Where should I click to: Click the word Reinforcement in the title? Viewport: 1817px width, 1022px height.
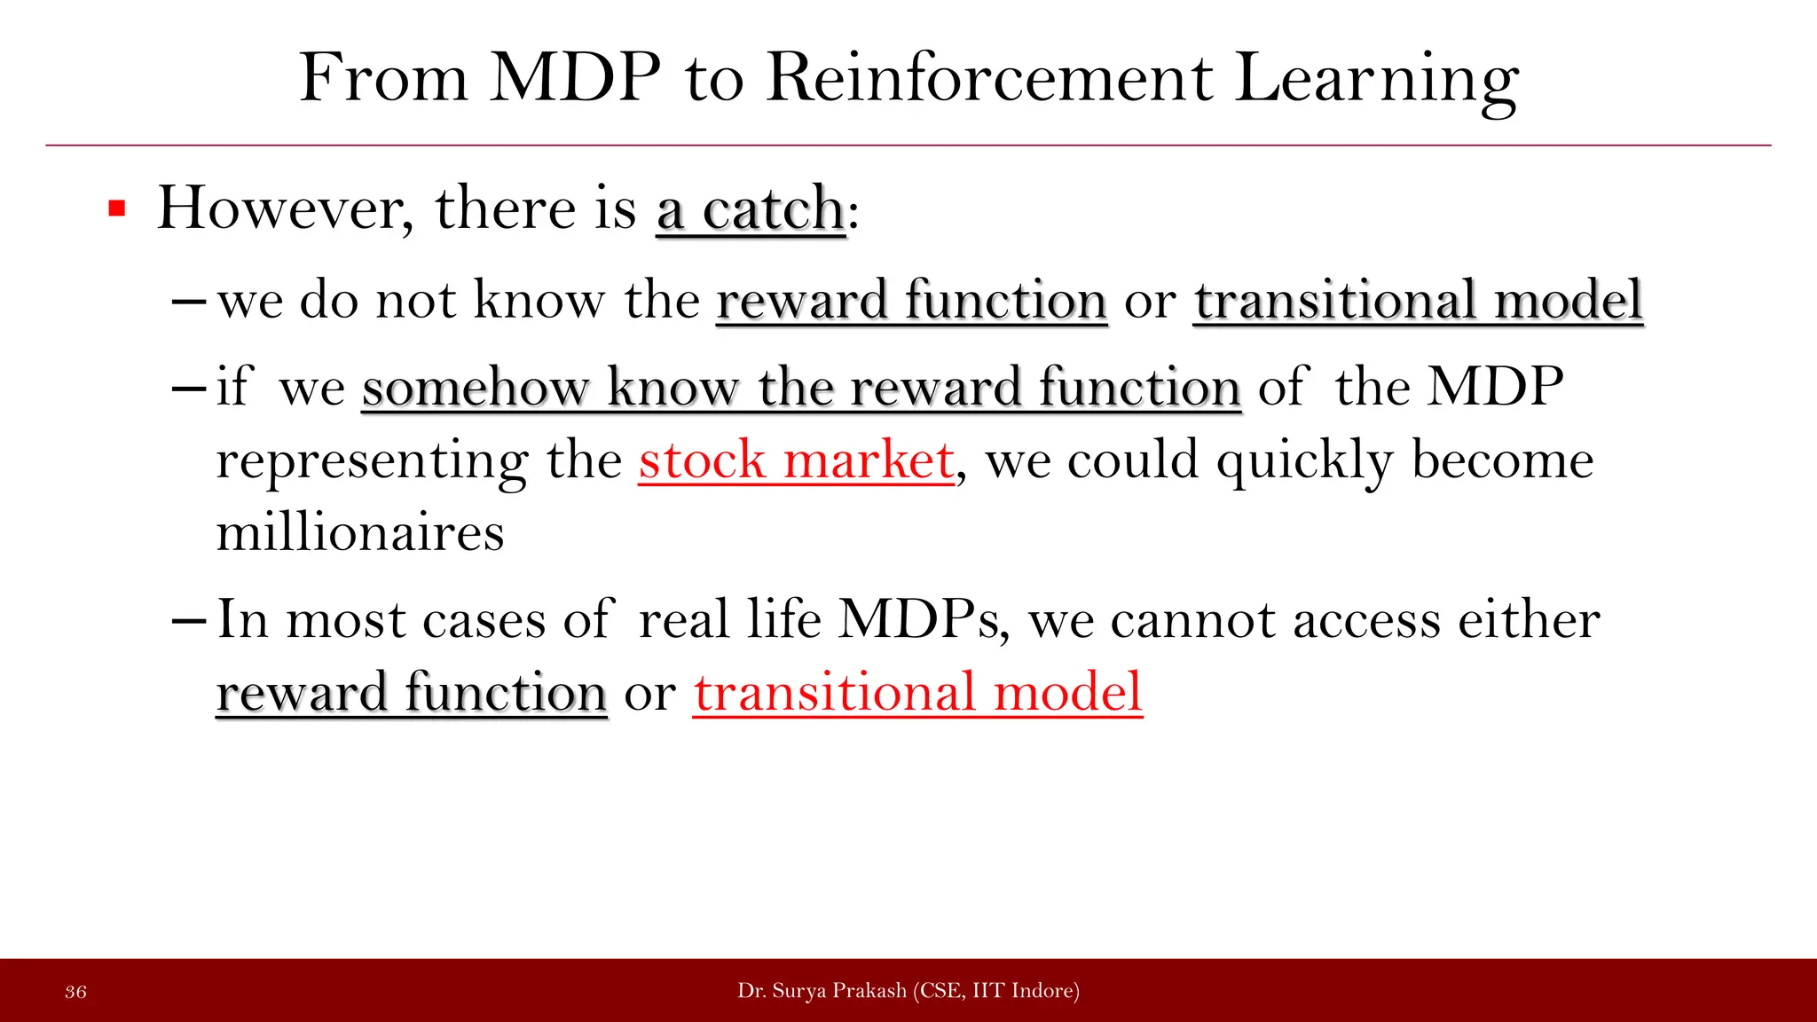[988, 78]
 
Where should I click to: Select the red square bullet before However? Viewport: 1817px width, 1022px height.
[116, 209]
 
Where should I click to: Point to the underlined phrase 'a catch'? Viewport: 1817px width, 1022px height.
[751, 209]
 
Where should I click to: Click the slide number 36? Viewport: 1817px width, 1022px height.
[76, 992]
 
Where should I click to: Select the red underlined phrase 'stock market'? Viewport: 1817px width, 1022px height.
[796, 460]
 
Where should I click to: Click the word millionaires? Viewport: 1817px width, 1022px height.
[360, 533]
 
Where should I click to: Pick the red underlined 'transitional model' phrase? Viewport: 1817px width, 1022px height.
[917, 692]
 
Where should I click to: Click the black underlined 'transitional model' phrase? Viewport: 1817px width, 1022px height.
[1418, 300]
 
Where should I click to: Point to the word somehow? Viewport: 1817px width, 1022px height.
[475, 388]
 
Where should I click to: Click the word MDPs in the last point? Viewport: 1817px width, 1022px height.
[923, 619]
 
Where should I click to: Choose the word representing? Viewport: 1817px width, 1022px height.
[372, 462]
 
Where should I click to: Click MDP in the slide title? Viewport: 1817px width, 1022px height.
[576, 78]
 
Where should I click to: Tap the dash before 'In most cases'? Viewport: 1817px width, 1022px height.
[188, 620]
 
